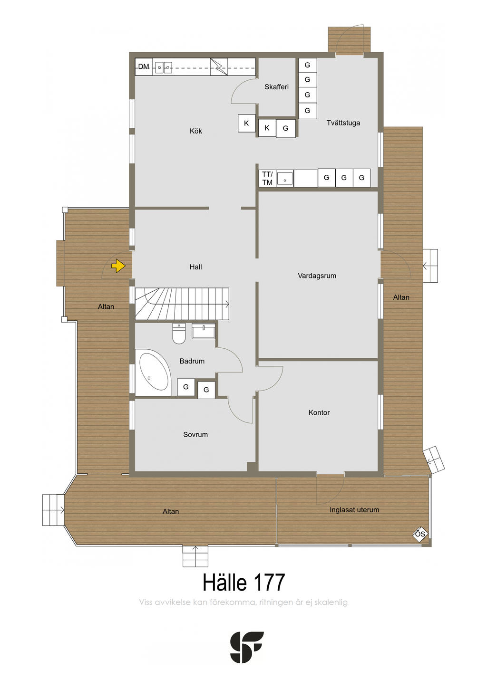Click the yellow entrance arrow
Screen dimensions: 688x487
(x=118, y=266)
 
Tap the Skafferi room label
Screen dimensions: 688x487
(x=276, y=87)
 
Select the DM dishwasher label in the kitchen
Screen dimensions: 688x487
(x=144, y=67)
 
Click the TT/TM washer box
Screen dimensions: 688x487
(x=267, y=179)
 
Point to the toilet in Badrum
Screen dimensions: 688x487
(x=179, y=334)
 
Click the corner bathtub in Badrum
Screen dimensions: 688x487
(x=153, y=373)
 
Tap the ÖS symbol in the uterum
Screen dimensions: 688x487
(x=419, y=534)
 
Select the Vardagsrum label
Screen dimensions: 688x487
(x=317, y=276)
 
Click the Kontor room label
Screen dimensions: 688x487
(x=319, y=412)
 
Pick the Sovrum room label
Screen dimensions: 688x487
(x=195, y=434)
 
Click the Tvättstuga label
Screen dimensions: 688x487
(x=343, y=123)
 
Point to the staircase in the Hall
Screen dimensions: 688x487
(x=182, y=304)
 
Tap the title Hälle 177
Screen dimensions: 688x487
(x=243, y=583)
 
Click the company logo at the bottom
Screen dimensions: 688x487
(x=247, y=647)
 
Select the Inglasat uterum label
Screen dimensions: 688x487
(x=354, y=510)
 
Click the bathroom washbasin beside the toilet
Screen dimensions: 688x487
(x=204, y=331)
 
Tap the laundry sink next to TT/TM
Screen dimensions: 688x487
(x=285, y=179)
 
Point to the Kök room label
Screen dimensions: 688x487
(x=195, y=131)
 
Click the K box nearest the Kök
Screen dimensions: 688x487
(x=246, y=124)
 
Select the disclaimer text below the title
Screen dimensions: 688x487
(x=243, y=602)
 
